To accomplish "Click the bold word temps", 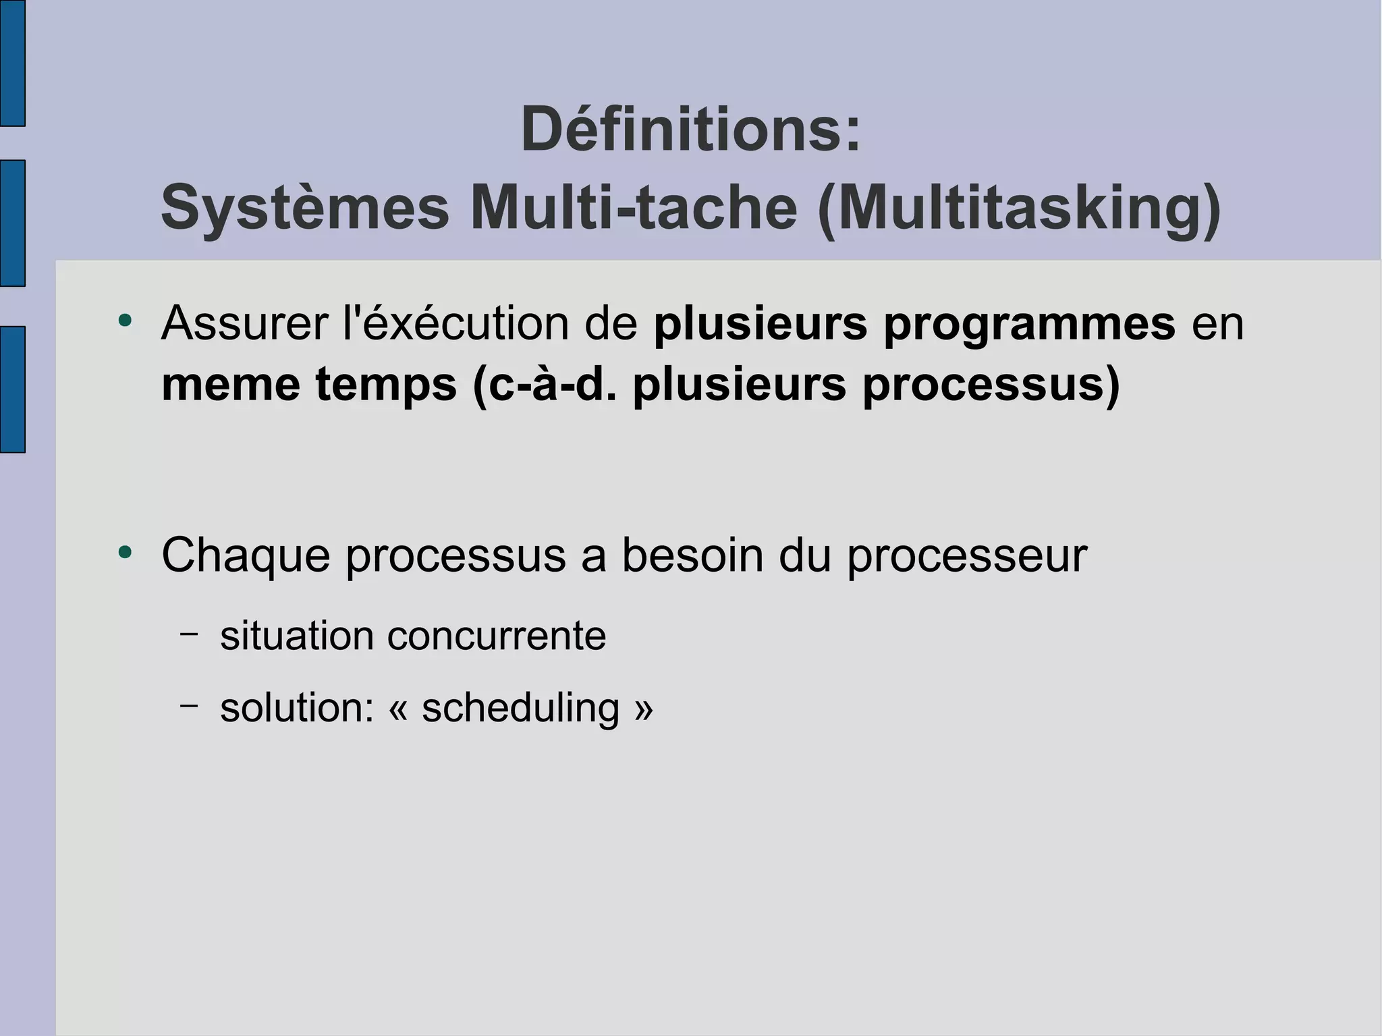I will tap(386, 386).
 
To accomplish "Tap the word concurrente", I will tap(496, 636).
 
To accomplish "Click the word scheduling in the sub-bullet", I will tap(520, 709).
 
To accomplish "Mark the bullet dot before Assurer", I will tap(124, 321).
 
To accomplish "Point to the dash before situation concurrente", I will tap(190, 634).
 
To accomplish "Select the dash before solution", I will tap(190, 705).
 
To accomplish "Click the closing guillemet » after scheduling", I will tap(644, 709).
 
